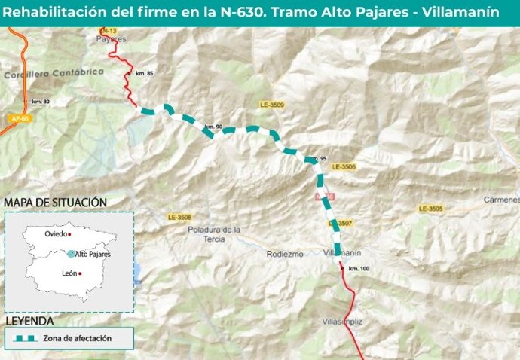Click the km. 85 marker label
pos(144,73)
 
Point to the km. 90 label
pos(214,127)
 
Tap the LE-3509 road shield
pos(271,105)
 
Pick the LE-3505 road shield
pos(431,208)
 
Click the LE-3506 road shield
pos(343,166)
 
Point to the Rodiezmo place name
pos(285,254)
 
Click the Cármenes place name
pos(503,200)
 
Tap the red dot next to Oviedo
pos(69,235)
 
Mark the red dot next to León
pos(80,273)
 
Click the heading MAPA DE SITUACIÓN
pos(55,203)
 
